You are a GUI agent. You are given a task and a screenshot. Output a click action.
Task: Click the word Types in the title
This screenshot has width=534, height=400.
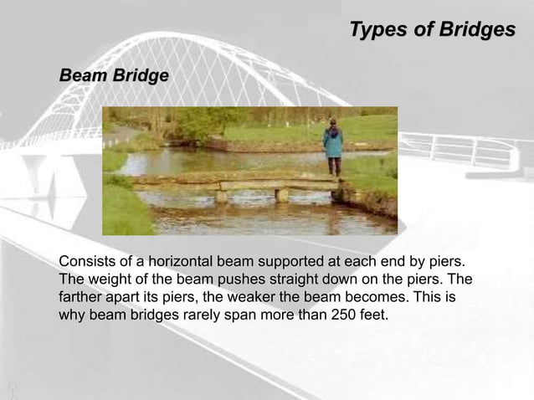pyautogui.click(x=373, y=30)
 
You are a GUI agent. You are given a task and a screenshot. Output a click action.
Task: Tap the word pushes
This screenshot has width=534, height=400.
pyautogui.click(x=234, y=279)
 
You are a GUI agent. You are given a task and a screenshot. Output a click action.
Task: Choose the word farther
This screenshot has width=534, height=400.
pyautogui.click(x=81, y=298)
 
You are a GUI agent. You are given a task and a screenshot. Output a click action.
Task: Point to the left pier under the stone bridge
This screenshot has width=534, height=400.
pyautogui.click(x=221, y=196)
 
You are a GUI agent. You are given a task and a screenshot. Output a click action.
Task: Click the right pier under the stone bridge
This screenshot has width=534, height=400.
pyautogui.click(x=282, y=195)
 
